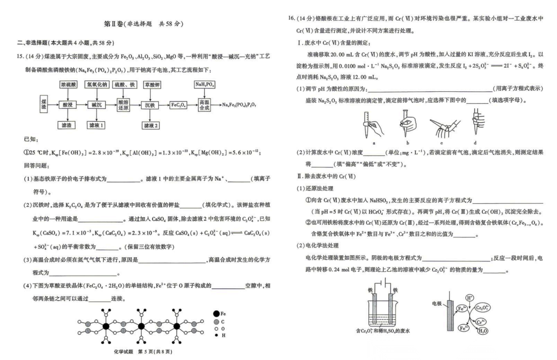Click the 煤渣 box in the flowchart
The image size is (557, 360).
44,105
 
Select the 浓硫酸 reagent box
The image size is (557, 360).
69,84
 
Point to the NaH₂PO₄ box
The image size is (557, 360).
205,84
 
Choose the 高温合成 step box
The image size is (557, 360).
205,105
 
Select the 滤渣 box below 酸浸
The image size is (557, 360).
68,125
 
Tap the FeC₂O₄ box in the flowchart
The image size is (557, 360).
178,105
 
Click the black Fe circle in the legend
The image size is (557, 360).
216,313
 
